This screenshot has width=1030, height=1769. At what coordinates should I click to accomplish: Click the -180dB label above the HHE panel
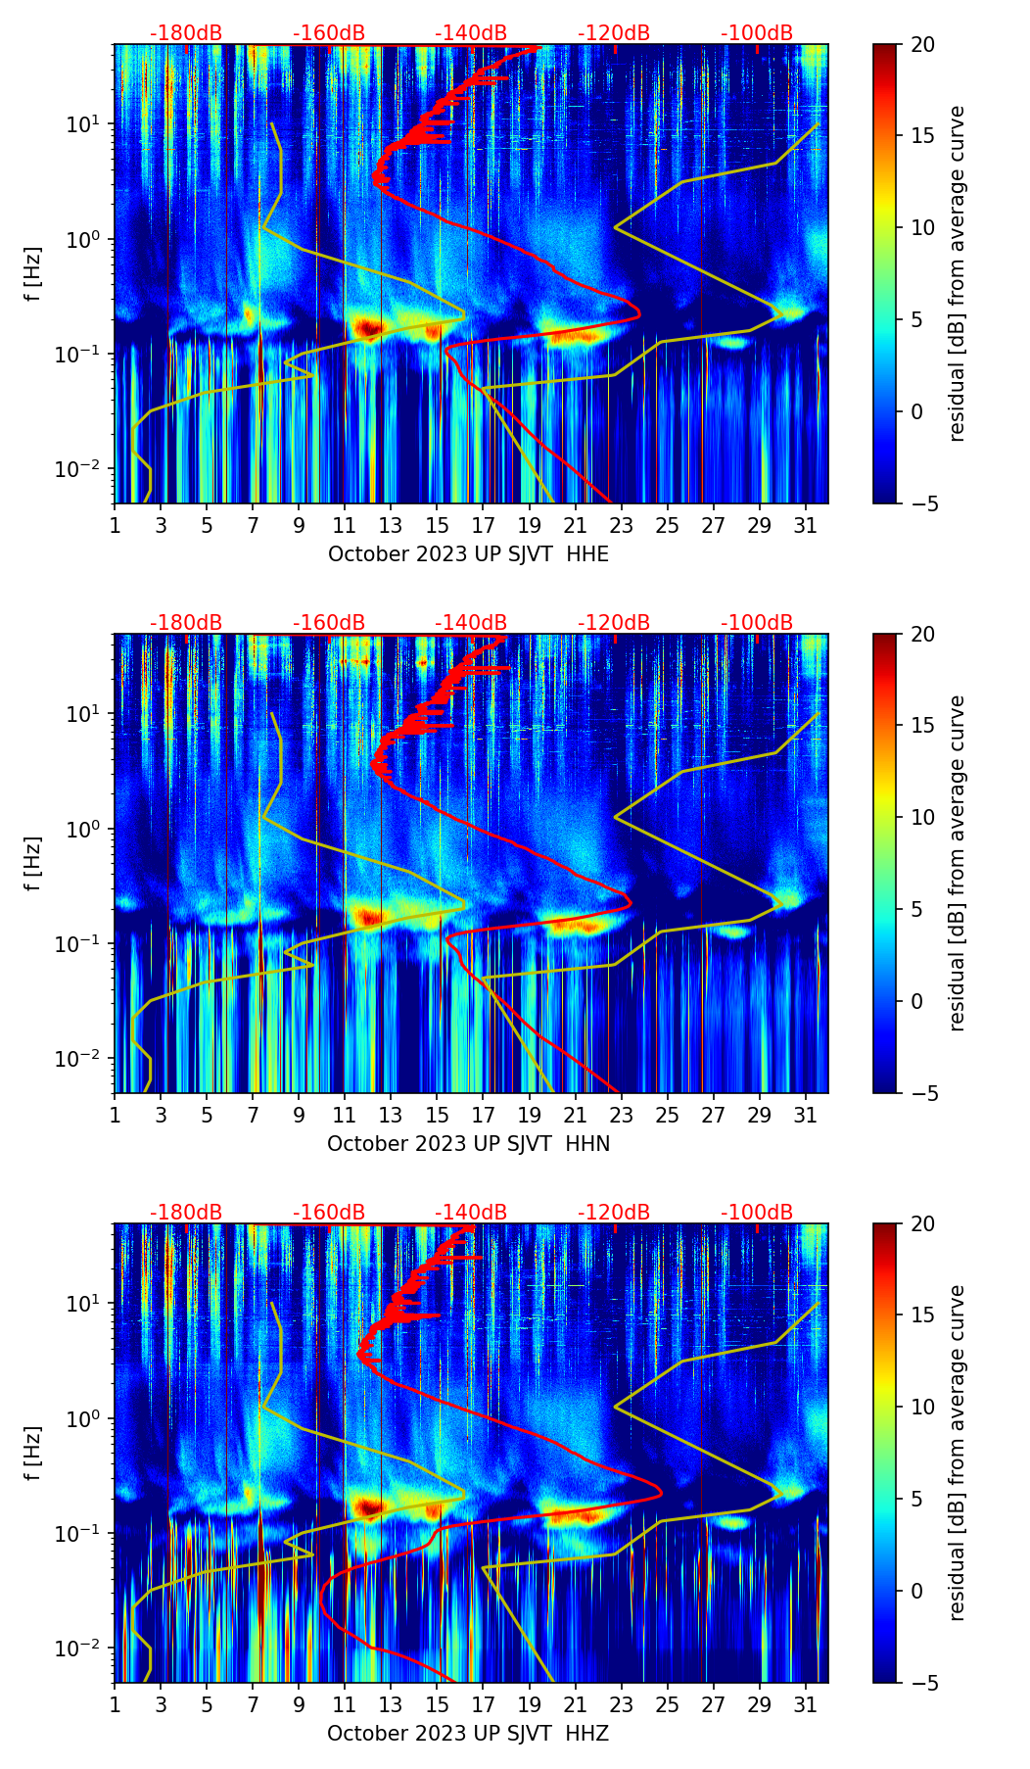point(186,33)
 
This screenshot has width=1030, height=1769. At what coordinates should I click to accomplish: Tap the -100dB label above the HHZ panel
point(757,1213)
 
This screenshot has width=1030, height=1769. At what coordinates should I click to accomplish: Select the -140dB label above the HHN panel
point(471,623)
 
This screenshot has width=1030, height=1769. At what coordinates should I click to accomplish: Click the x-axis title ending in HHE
point(468,554)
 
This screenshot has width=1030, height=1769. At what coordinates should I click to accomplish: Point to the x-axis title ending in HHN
point(468,1144)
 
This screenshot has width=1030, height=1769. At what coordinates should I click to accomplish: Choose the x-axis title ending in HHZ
point(468,1734)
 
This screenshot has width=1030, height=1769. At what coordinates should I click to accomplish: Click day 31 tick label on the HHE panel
point(805,526)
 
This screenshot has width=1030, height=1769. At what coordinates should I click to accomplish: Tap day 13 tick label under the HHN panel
point(391,1116)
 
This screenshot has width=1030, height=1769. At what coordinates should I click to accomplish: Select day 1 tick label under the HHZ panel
point(115,1705)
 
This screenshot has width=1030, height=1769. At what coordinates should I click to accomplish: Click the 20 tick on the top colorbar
point(923,44)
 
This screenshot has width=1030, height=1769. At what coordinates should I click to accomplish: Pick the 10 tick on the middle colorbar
point(923,817)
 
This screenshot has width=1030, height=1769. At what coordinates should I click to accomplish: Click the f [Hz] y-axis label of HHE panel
point(33,274)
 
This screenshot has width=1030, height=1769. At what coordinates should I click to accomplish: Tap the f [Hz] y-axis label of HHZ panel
point(33,1454)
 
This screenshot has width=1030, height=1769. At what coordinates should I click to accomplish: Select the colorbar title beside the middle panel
point(957,863)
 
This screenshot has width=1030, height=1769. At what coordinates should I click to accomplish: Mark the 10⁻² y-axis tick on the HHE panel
point(82,469)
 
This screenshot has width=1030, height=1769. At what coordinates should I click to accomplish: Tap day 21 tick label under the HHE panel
point(575,526)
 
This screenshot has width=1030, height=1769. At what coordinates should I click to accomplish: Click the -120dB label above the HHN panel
point(614,623)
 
